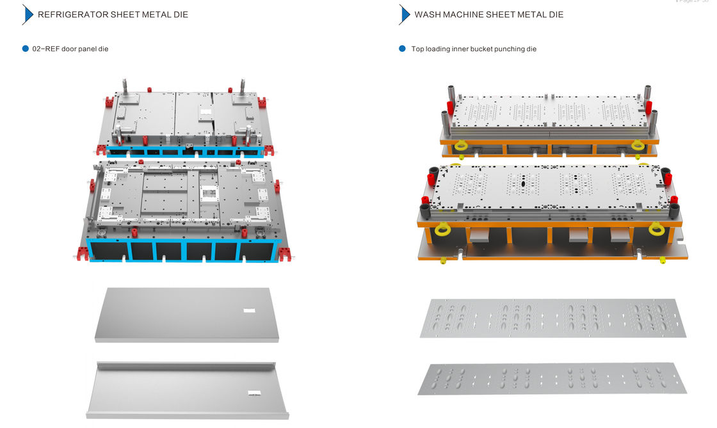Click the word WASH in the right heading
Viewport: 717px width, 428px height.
(429, 14)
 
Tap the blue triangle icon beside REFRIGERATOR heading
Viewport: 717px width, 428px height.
(28, 14)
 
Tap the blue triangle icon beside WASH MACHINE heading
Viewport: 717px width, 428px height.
(404, 14)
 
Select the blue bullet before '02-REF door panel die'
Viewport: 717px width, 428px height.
(26, 49)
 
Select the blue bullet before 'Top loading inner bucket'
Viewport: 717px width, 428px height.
(402, 49)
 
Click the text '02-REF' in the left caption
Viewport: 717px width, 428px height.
(45, 49)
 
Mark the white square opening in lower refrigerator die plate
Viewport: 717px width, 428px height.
(207, 191)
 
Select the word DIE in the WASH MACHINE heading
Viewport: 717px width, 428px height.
(556, 14)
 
